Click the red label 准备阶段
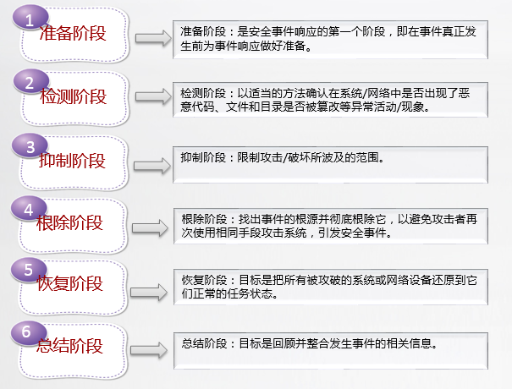tap(73, 33)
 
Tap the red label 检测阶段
tap(73, 96)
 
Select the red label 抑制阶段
tap(72, 160)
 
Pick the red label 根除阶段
tap(69, 223)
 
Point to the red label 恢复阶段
tap(70, 283)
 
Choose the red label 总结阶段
tap(69, 346)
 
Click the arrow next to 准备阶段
tap(153, 38)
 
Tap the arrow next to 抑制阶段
tap(152, 166)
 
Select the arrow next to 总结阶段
tap(149, 350)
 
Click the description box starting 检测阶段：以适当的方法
tap(330, 100)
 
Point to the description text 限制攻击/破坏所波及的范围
tap(311, 157)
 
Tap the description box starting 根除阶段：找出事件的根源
tap(330, 226)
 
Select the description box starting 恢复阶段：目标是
tap(330, 288)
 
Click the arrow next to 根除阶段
tap(150, 227)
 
